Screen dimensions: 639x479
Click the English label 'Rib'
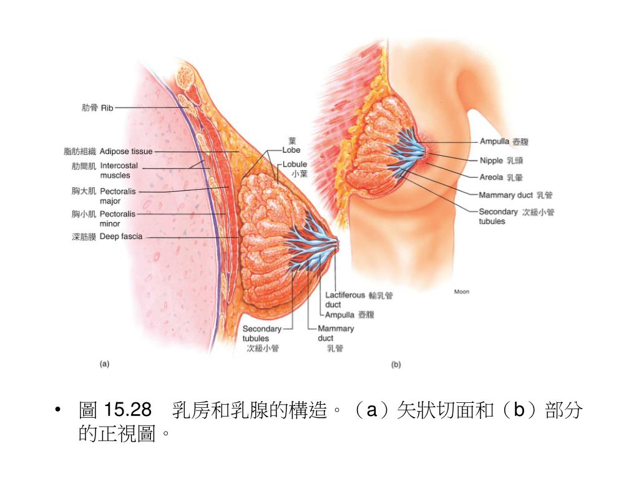[107, 108]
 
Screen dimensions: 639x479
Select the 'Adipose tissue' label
[126, 151]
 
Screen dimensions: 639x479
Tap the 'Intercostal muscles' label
[119, 170]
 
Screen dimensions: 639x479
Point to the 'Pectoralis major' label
[117, 196]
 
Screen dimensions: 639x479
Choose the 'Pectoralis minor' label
[117, 218]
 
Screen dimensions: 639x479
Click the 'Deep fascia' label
[121, 236]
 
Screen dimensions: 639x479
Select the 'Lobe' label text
[291, 150]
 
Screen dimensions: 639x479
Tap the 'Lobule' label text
[295, 165]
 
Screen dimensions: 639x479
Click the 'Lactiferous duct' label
[344, 299]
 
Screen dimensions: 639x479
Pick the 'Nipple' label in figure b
[491, 160]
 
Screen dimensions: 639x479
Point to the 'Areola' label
[491, 177]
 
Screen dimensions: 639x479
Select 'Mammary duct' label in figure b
[505, 195]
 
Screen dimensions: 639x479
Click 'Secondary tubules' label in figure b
[498, 216]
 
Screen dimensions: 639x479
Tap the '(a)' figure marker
[105, 364]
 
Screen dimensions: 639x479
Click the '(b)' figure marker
[396, 365]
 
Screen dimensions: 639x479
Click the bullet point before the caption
[57, 410]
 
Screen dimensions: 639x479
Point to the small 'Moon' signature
[461, 291]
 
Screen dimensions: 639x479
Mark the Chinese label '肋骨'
[90, 108]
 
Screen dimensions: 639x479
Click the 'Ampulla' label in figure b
[494, 142]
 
